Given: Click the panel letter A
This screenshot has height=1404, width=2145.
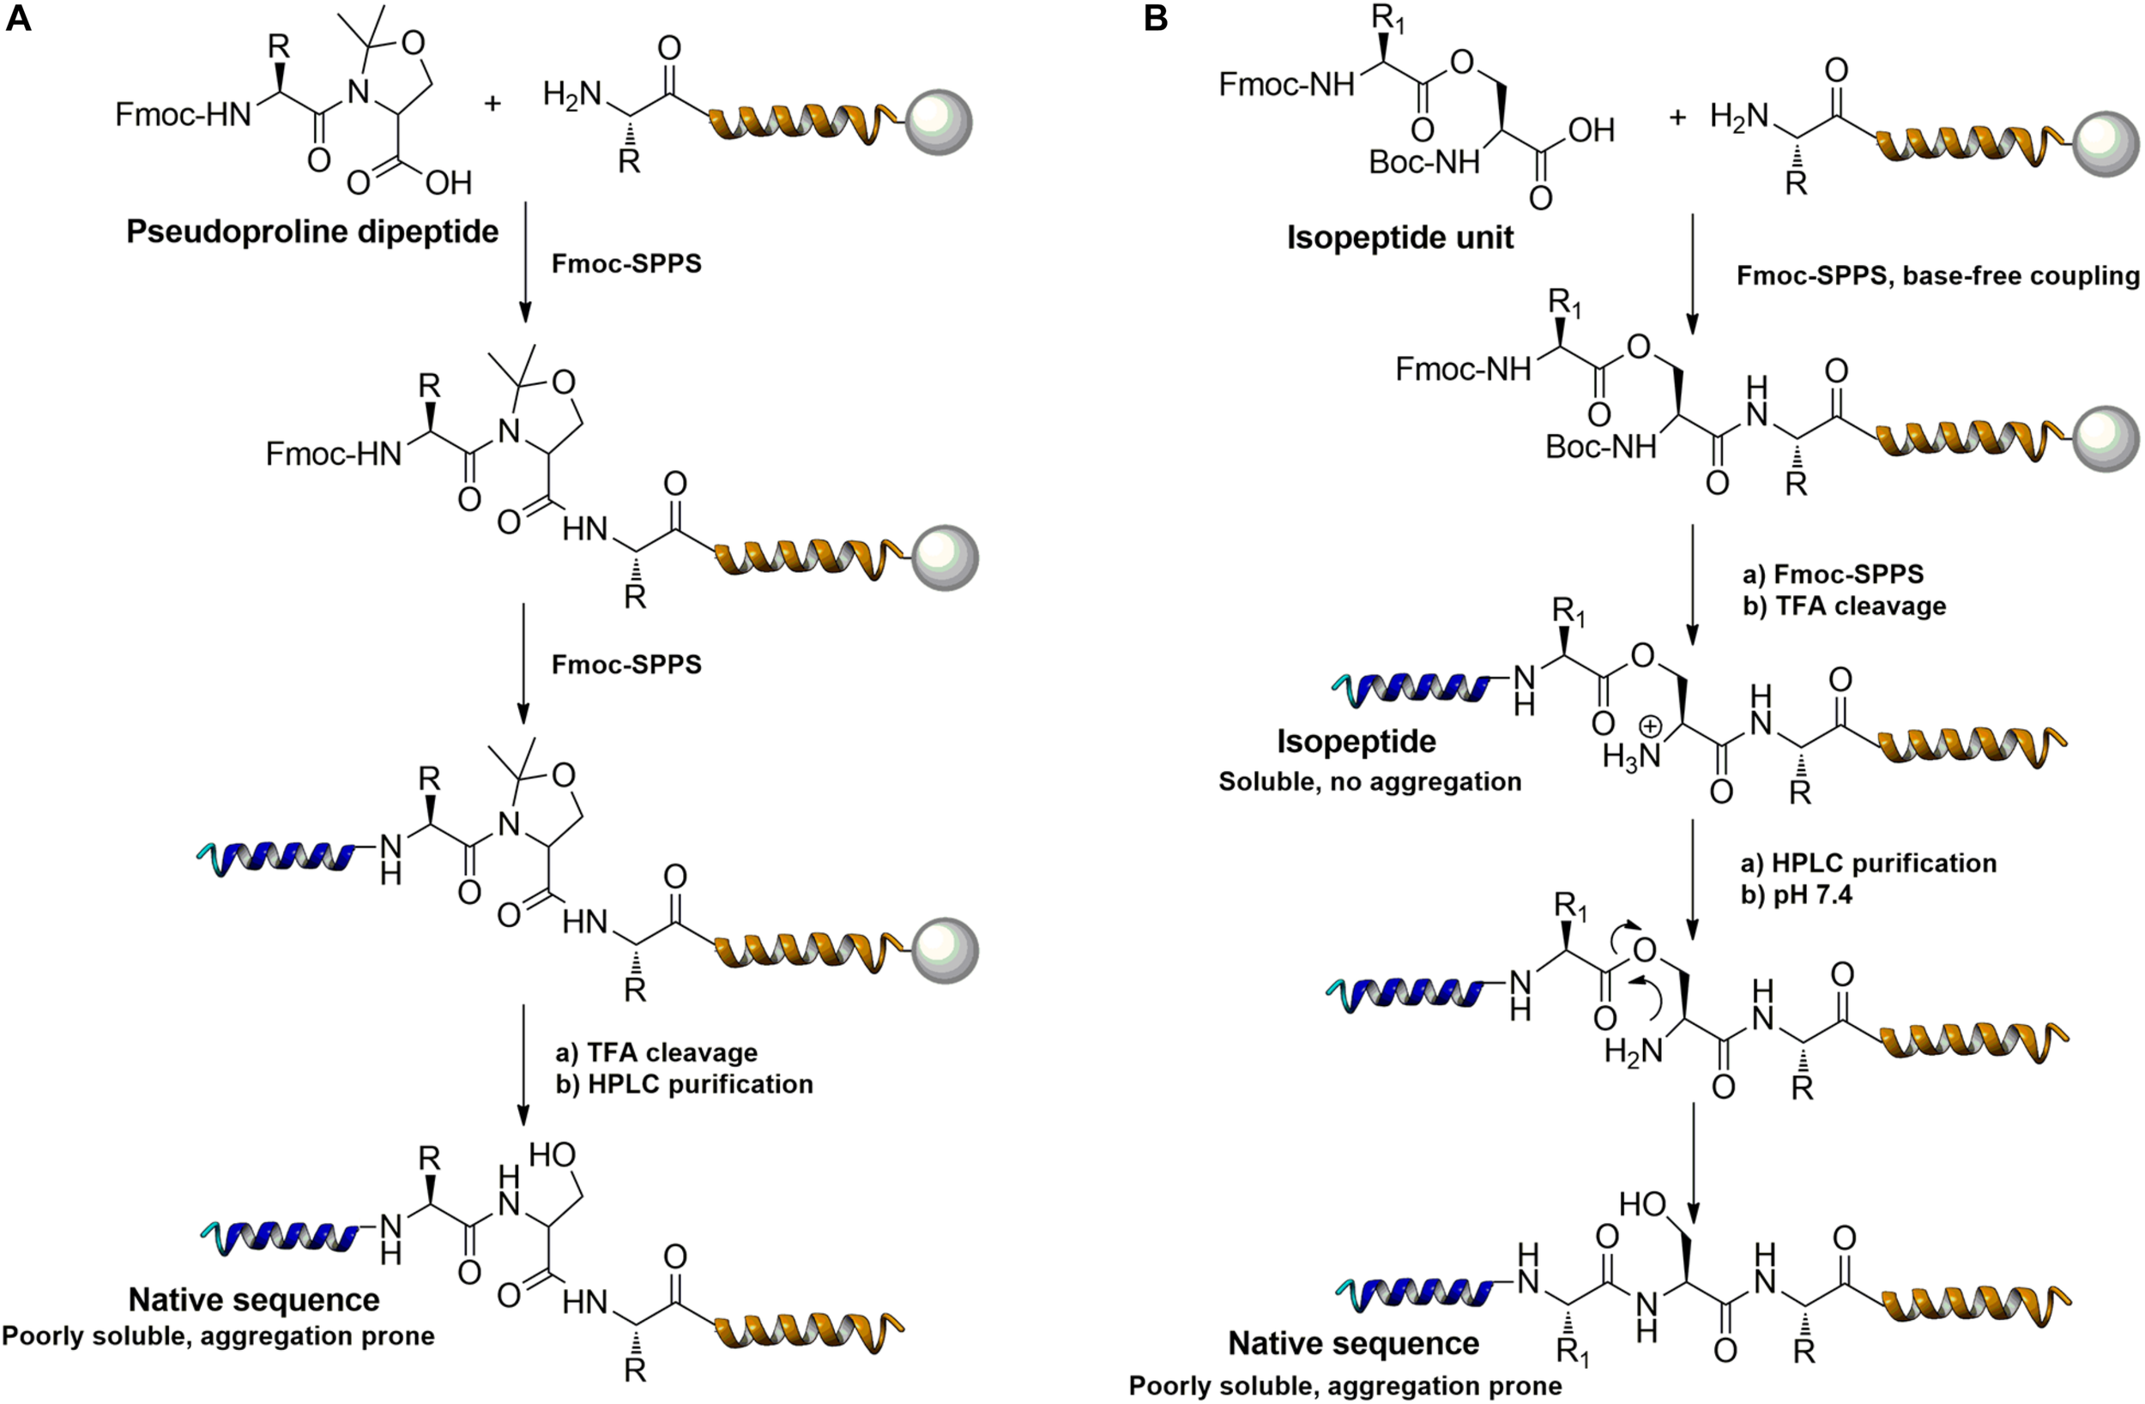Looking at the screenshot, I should (18, 18).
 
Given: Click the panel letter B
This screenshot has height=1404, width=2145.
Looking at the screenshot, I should (1156, 18).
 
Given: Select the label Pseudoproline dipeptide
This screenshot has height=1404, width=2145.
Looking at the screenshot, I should (311, 232).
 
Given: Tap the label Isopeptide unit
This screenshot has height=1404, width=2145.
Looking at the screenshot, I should (1399, 238).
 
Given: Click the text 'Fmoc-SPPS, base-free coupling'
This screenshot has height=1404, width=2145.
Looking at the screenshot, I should (1937, 276).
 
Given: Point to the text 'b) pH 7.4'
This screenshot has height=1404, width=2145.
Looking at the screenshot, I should (1796, 895).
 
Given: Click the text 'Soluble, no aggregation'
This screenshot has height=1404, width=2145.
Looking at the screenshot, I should (1370, 781).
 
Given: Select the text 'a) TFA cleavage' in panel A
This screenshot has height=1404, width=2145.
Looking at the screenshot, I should (656, 1052).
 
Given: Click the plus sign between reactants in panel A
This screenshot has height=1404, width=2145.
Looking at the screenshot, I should (492, 103).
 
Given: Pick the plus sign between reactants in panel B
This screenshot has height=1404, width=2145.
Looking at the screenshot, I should (1677, 118).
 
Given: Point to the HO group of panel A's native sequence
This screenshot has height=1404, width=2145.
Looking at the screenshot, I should (552, 1154).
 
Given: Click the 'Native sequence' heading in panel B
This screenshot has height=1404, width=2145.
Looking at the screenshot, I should (1354, 1344).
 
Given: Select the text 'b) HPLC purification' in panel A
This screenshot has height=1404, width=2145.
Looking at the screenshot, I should (684, 1084).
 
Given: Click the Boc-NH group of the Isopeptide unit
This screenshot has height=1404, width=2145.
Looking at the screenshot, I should (1424, 162).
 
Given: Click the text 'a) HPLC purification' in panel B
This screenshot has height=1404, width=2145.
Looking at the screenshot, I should (1869, 864).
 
